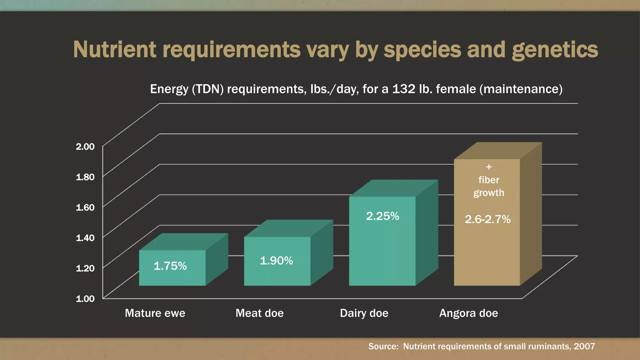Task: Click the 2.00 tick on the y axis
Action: [x=85, y=147]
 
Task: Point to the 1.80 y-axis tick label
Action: [x=85, y=177]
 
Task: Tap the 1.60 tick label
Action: [x=85, y=207]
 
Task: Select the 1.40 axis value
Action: [x=85, y=238]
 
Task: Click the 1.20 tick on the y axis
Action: [x=85, y=268]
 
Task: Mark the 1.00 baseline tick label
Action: [x=85, y=298]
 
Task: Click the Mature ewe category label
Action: [x=155, y=313]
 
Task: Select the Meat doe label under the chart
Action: [x=259, y=313]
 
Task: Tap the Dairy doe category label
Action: [x=364, y=313]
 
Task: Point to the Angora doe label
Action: [x=468, y=313]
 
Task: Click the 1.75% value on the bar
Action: [x=170, y=266]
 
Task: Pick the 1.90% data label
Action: [x=276, y=261]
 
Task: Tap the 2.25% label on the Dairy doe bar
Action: [x=382, y=216]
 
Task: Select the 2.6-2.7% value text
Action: [x=487, y=219]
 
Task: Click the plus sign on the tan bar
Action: [x=489, y=167]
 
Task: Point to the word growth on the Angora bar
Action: [x=489, y=193]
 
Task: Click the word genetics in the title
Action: [x=555, y=50]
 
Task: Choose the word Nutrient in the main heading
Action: [x=115, y=50]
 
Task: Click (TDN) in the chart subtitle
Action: [x=207, y=89]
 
